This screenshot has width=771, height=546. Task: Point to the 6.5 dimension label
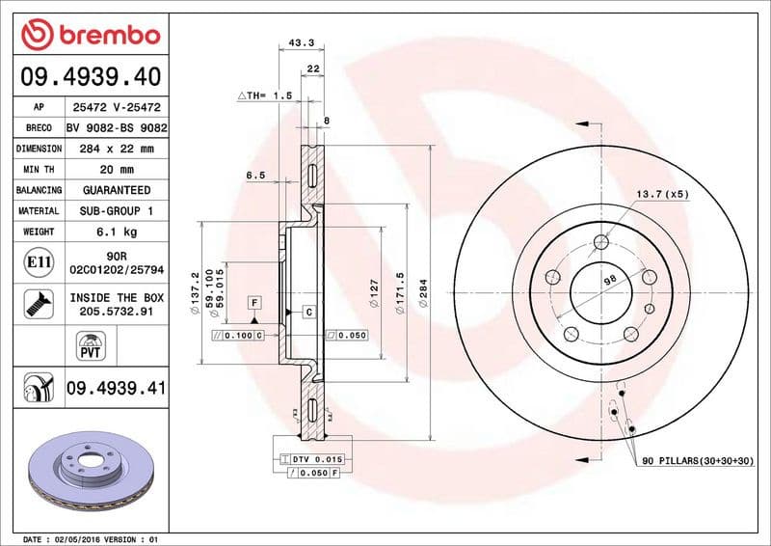click(x=255, y=176)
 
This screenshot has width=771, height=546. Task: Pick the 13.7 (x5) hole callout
click(x=660, y=195)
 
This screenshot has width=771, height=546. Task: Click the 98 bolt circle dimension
click(x=608, y=279)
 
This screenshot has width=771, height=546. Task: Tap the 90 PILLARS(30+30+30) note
click(x=697, y=462)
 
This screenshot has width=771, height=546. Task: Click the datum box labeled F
click(x=254, y=302)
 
